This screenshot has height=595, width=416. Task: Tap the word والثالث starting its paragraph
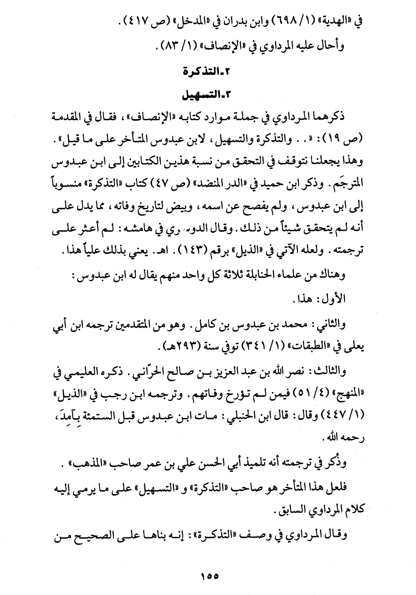[x=330, y=371]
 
